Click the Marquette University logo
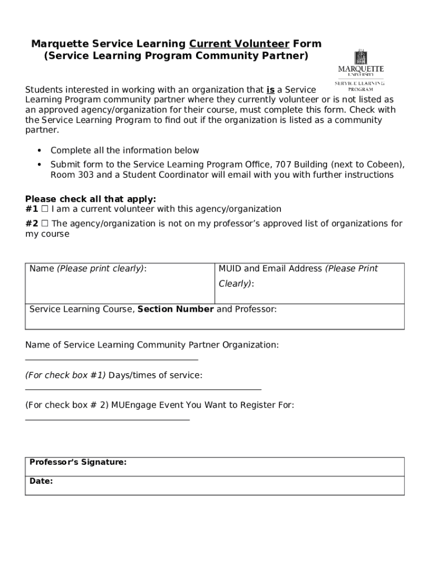(360, 70)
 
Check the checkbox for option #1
(45, 209)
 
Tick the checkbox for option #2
(45, 224)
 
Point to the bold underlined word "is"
(270, 90)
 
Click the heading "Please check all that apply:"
(90, 199)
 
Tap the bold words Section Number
(175, 309)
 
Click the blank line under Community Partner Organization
(112, 360)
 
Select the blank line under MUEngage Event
(107, 418)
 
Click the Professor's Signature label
(78, 463)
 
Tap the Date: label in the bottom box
(41, 480)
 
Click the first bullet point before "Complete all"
(39, 151)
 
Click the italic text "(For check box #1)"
(65, 375)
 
